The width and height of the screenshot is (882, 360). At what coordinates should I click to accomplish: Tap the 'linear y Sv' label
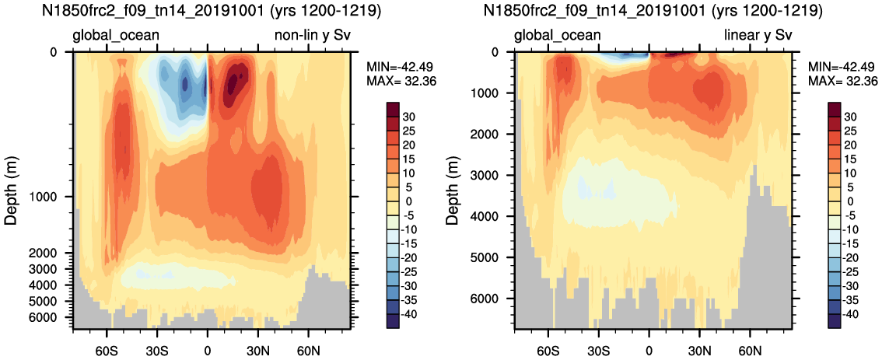(758, 35)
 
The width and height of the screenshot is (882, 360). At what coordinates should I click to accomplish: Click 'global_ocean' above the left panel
(116, 35)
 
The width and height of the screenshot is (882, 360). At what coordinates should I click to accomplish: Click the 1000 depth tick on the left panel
(54, 197)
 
